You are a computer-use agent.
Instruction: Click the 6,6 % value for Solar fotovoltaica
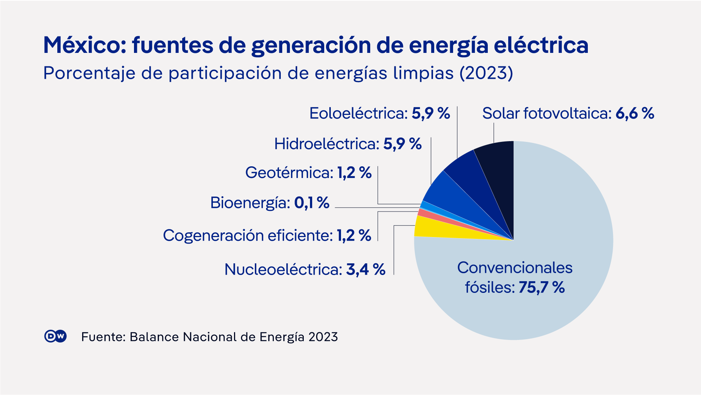point(635,113)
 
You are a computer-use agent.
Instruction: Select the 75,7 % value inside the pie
point(541,287)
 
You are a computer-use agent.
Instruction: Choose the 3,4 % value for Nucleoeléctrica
point(365,270)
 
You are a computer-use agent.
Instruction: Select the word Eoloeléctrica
point(358,113)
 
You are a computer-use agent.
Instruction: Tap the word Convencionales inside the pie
point(514,268)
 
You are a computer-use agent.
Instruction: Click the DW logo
point(55,336)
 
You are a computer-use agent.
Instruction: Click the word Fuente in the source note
point(103,337)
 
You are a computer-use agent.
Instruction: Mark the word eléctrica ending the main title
point(541,45)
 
